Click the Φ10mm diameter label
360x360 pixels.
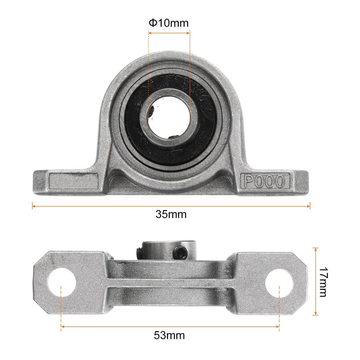point(169,23)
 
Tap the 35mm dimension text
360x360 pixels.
point(171,214)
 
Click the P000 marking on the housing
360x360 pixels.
point(264,181)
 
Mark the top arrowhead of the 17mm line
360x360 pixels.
point(316,249)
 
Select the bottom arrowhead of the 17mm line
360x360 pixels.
point(316,314)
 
